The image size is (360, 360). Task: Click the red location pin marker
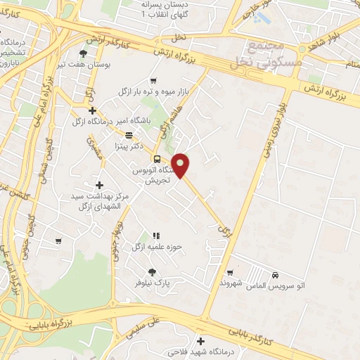tap(181, 166)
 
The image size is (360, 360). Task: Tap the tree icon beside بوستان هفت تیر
tap(84, 53)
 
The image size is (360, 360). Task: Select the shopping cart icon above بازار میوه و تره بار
tap(153, 81)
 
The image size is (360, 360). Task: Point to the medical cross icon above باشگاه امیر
tap(92, 110)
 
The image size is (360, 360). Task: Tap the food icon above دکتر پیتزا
tap(129, 136)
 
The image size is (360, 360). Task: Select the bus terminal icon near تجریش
tap(157, 158)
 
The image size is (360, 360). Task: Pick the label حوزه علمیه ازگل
tap(156, 247)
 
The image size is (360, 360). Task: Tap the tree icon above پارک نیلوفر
tap(152, 272)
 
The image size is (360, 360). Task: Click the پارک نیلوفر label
tap(153, 283)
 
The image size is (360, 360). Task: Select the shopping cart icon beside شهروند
tap(230, 273)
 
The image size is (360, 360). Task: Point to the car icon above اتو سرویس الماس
tap(276, 274)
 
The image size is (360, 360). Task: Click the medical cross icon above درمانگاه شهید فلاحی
tap(201, 340)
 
